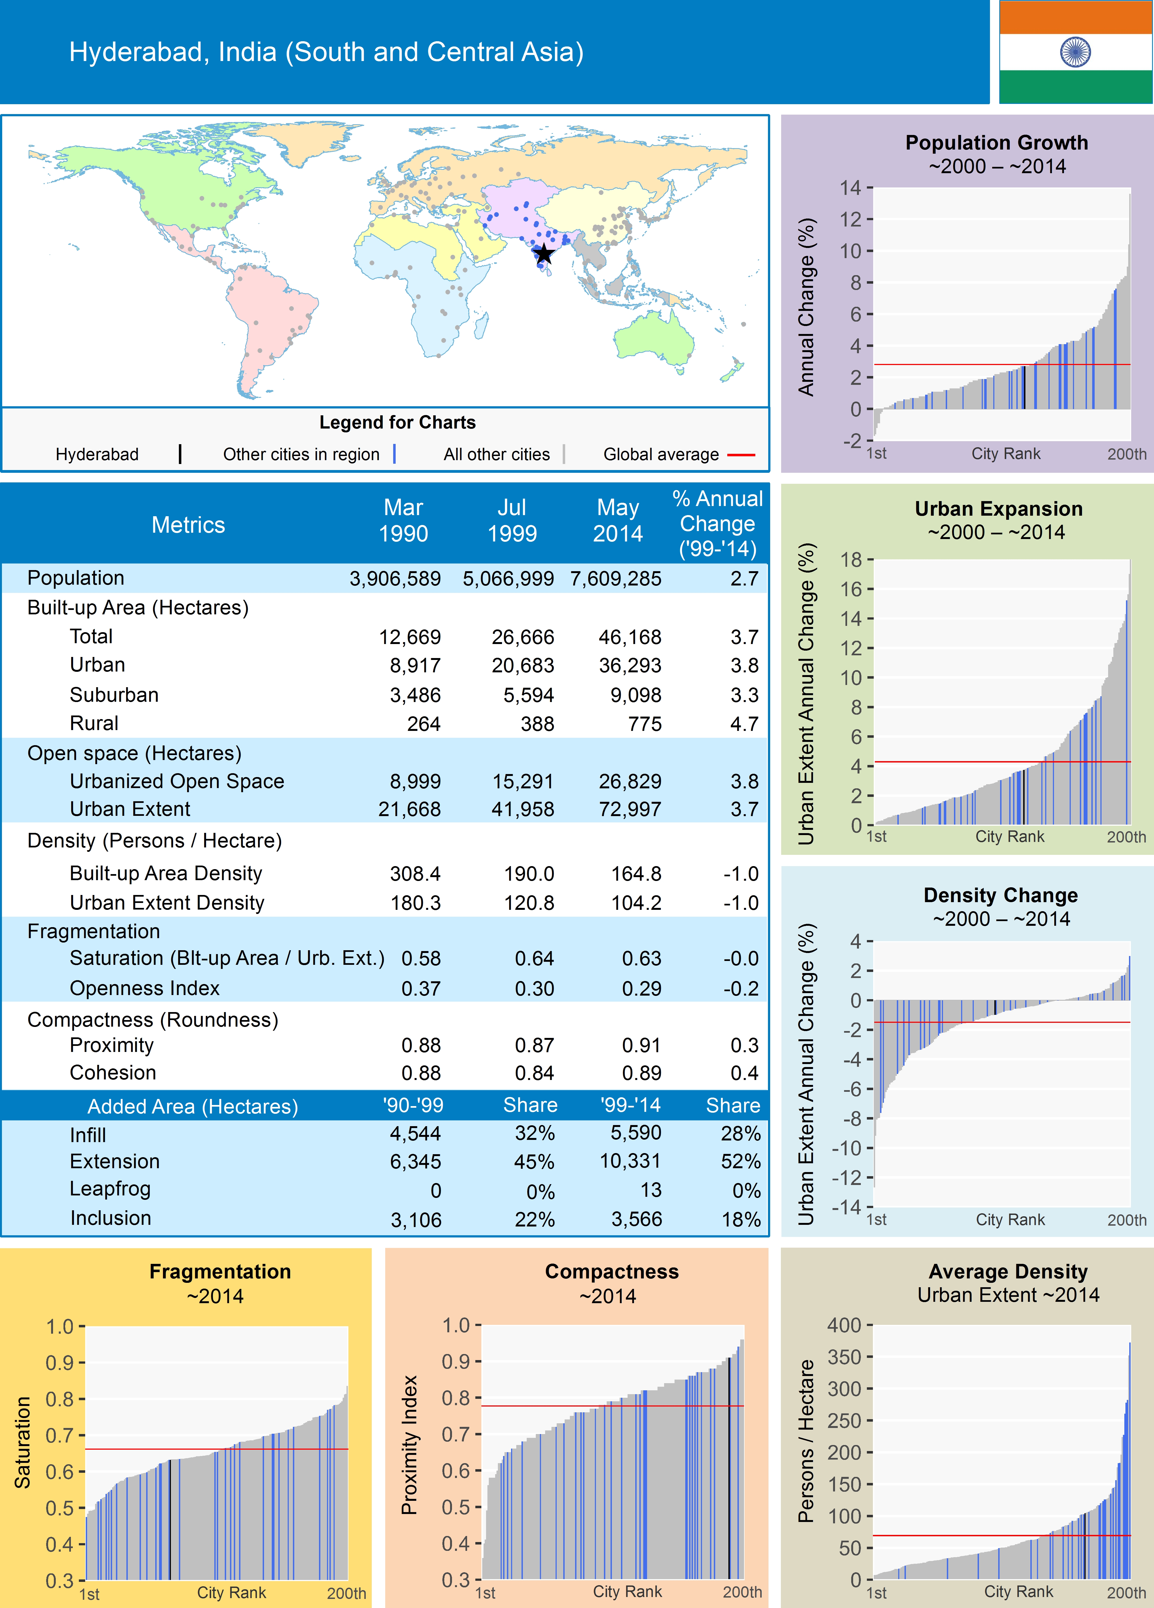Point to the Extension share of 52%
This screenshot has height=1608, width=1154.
pyautogui.click(x=741, y=1161)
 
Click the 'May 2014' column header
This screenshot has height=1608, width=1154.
pyautogui.click(x=617, y=520)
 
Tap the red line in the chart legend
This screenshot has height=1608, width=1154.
pyautogui.click(x=741, y=454)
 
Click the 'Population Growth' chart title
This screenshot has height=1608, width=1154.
pyautogui.click(x=996, y=142)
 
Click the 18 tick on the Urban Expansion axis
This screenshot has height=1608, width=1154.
pyautogui.click(x=851, y=559)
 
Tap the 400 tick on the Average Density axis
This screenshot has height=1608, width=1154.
pyautogui.click(x=844, y=1325)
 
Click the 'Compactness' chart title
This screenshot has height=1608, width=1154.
pyautogui.click(x=612, y=1271)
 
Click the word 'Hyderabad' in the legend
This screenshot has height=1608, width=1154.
pyautogui.click(x=97, y=454)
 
